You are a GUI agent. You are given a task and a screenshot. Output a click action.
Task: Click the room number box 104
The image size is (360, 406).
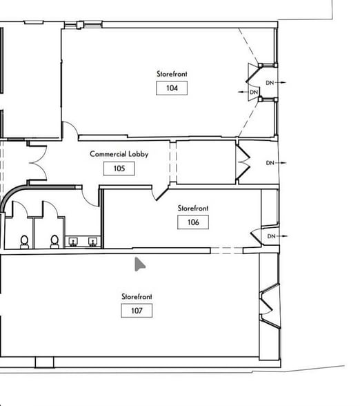pyautogui.click(x=172, y=88)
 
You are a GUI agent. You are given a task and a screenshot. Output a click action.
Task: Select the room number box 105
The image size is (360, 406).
pyautogui.click(x=119, y=168)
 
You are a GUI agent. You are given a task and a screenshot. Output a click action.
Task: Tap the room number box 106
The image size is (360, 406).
pyautogui.click(x=193, y=222)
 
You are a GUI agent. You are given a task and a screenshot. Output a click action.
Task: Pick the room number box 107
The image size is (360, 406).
pyautogui.click(x=137, y=311)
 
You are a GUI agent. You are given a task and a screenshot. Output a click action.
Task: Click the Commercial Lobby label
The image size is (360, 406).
pyautogui.click(x=119, y=154)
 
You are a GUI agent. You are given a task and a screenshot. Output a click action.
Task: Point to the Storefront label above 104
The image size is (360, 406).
pyautogui.click(x=172, y=74)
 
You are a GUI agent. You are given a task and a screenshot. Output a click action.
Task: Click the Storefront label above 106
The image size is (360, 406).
pyautogui.click(x=193, y=208)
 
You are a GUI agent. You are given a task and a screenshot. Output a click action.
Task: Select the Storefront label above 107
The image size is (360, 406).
pyautogui.click(x=137, y=296)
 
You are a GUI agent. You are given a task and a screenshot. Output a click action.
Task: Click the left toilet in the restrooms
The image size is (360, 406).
pyautogui.click(x=25, y=242)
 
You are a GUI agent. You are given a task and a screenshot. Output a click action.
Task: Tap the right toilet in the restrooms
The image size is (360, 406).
pyautogui.click(x=54, y=242)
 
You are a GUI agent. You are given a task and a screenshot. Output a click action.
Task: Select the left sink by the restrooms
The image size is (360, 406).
pyautogui.click(x=73, y=242)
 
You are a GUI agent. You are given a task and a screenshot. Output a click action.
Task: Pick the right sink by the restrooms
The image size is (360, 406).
pyautogui.click(x=92, y=242)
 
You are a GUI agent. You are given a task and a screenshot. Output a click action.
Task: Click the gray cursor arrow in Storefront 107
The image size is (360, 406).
pyautogui.click(x=139, y=264)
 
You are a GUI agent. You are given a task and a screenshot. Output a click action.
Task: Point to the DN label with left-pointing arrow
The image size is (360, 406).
pyautogui.click(x=254, y=93)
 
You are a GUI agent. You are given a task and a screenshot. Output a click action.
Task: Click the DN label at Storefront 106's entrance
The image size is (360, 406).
pyautogui.click(x=271, y=236)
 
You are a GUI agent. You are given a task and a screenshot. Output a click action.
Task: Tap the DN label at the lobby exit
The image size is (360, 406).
pyautogui.click(x=270, y=163)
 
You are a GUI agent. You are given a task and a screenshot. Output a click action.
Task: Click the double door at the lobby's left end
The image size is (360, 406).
pyautogui.click(x=38, y=163)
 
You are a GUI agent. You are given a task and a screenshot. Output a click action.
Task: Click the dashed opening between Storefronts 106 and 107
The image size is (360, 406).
pyautogui.click(x=227, y=251)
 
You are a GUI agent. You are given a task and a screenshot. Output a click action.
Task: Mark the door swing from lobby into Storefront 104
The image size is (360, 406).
pyautogui.click(x=70, y=128)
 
